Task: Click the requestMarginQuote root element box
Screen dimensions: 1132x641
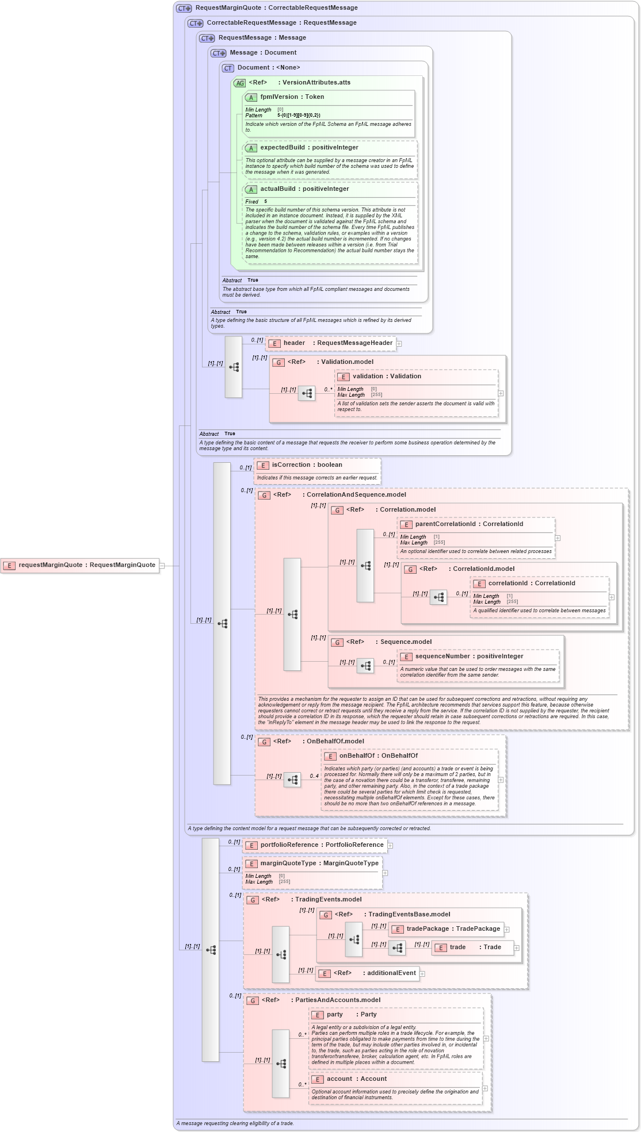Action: (80, 565)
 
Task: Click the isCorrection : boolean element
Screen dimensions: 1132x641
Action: (307, 465)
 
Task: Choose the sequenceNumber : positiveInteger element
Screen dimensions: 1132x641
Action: (469, 657)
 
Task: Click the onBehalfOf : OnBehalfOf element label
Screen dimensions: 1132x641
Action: (378, 756)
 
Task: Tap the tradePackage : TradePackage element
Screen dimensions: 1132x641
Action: (446, 929)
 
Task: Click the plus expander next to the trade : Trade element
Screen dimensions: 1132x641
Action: (517, 948)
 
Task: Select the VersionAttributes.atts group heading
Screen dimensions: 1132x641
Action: (316, 83)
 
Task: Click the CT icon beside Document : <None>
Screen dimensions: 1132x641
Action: (228, 68)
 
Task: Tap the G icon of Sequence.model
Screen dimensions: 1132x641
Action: (338, 643)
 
